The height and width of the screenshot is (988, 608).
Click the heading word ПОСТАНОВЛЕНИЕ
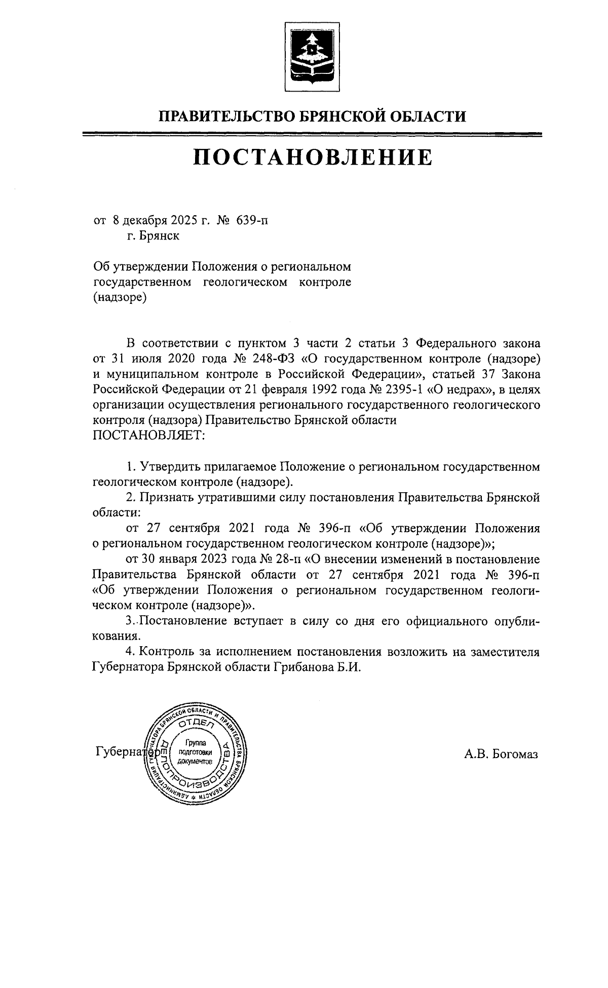pyautogui.click(x=313, y=157)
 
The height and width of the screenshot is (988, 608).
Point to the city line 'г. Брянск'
pyautogui.click(x=153, y=236)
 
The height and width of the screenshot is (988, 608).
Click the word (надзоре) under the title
pyautogui.click(x=120, y=298)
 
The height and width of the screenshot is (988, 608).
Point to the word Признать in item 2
pyautogui.click(x=163, y=497)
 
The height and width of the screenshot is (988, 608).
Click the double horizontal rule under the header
pyautogui.click(x=313, y=134)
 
